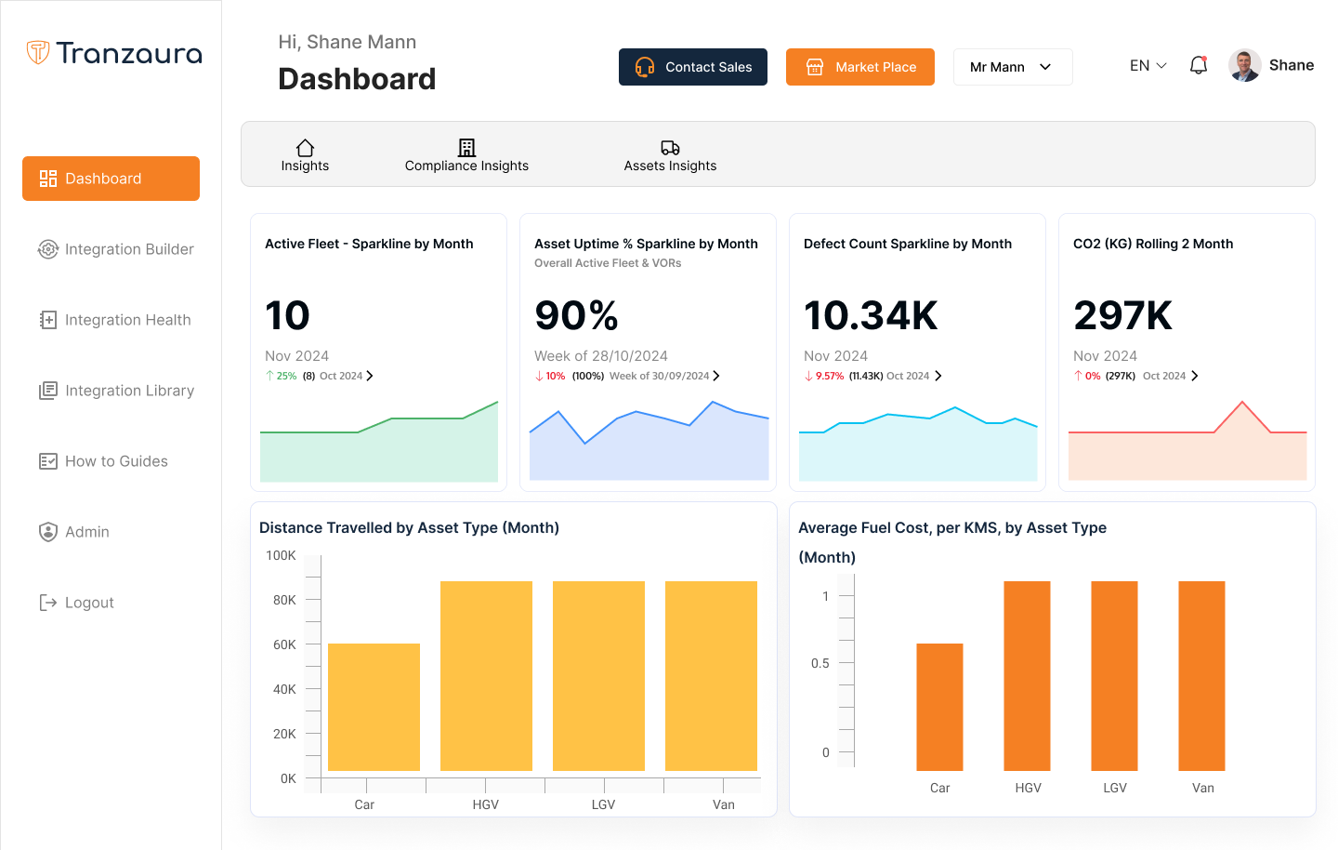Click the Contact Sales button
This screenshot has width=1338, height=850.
[x=693, y=67]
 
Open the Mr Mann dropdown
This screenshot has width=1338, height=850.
[x=1012, y=67]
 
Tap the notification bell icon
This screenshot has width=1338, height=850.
[x=1199, y=65]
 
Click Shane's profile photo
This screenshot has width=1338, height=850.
[x=1244, y=65]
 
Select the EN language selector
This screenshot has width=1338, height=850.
[x=1148, y=65]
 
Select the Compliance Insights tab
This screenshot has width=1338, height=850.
[x=466, y=155]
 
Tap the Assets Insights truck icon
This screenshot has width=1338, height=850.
[x=670, y=148]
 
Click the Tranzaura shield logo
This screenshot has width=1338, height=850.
[x=38, y=52]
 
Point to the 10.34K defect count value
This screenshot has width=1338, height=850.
[x=871, y=315]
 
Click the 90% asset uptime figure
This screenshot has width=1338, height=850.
[x=576, y=315]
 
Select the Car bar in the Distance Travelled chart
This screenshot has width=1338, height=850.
[x=374, y=707]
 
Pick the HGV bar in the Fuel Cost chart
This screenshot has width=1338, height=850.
[x=1027, y=676]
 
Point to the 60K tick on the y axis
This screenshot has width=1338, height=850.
[x=284, y=644]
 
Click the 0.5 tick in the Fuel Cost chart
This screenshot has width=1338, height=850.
[x=820, y=663]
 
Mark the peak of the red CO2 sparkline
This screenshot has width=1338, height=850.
[x=1242, y=402]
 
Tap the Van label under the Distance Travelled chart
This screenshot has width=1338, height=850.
[x=723, y=804]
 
